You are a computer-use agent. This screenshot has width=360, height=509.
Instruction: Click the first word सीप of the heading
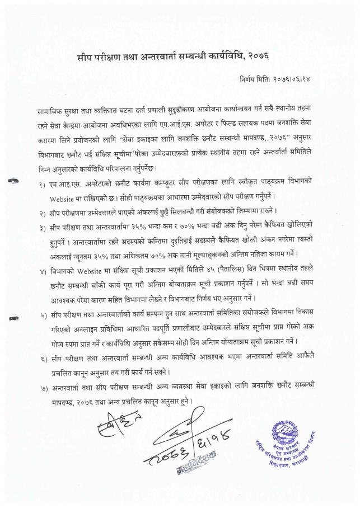click(x=85, y=57)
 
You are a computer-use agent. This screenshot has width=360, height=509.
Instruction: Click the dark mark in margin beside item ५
click(x=13, y=319)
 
